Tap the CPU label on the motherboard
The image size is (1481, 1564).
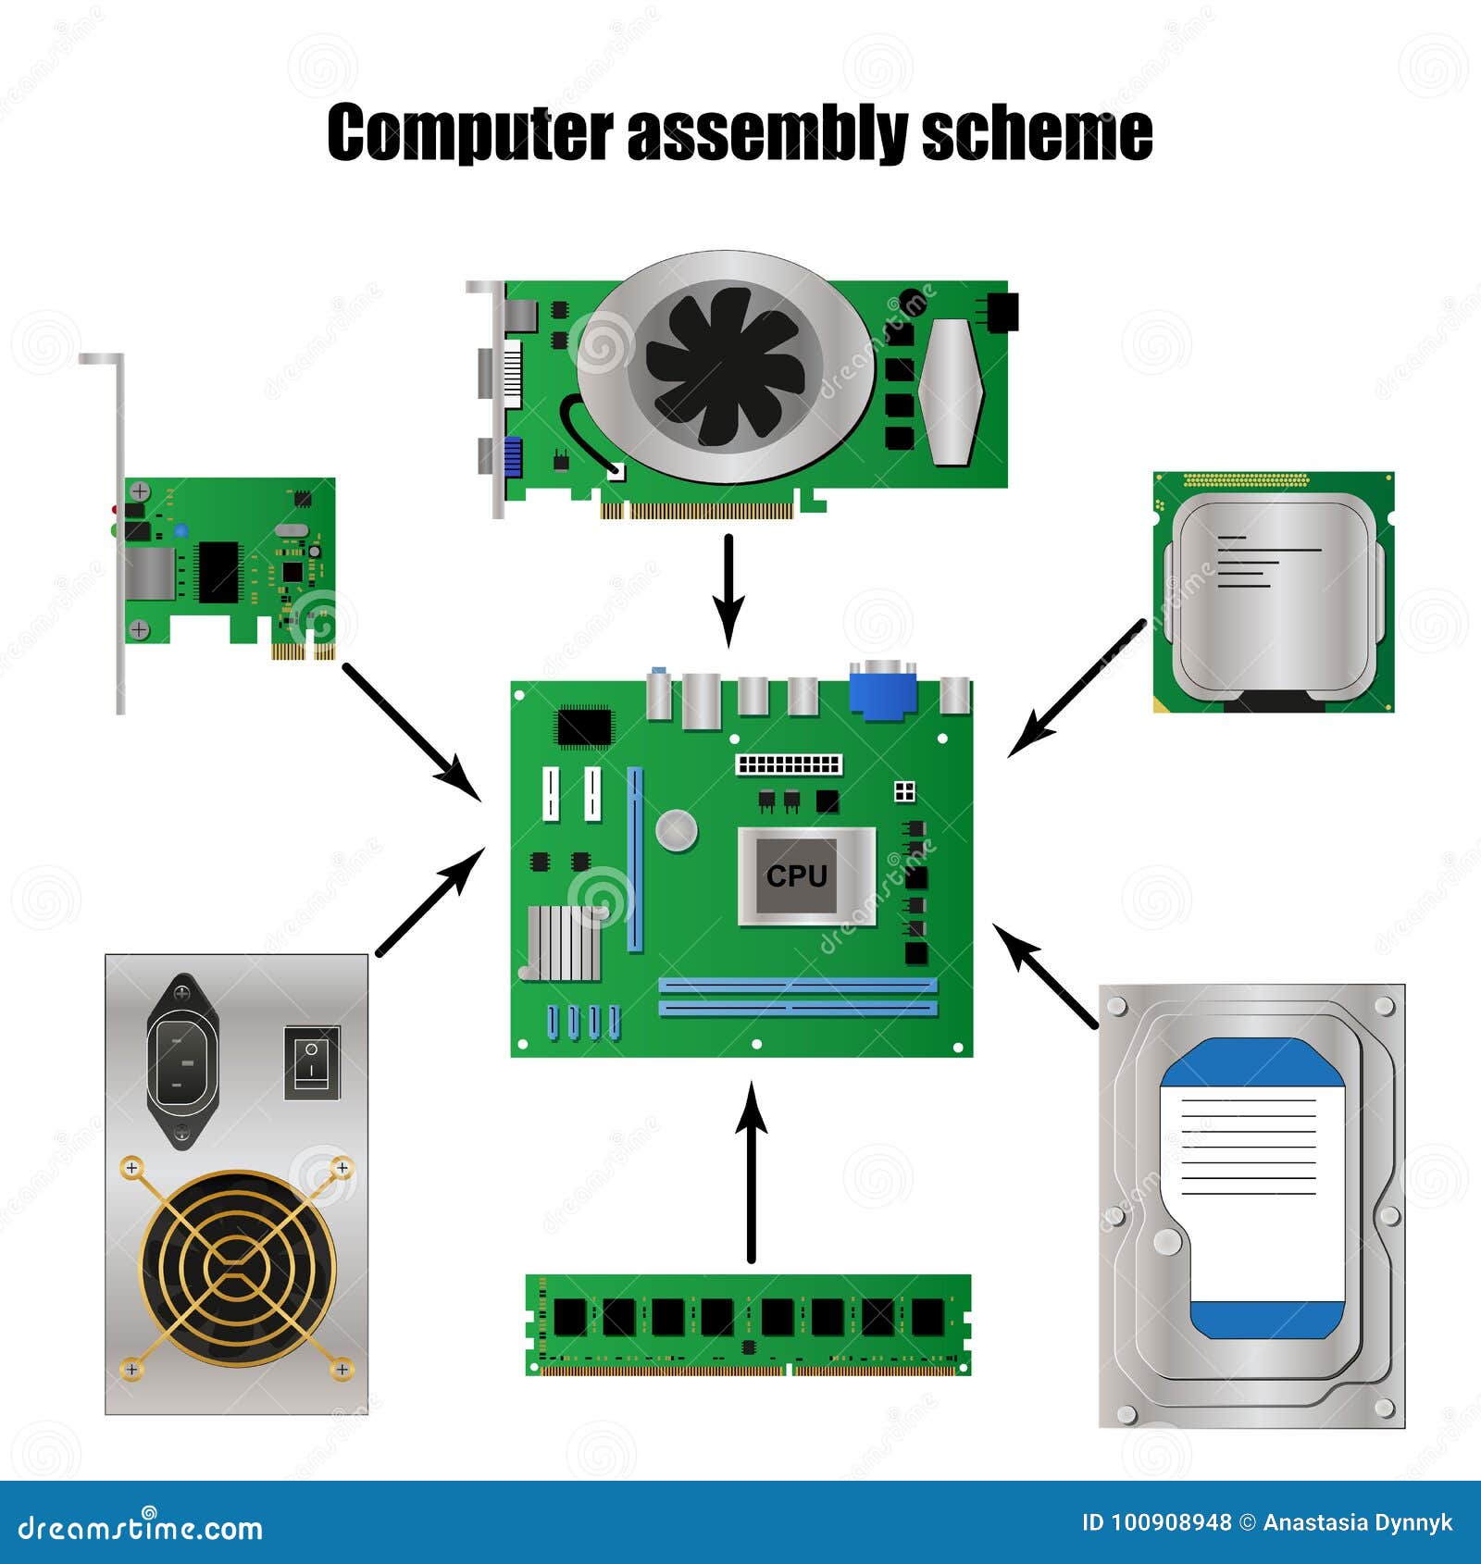pyautogui.click(x=796, y=875)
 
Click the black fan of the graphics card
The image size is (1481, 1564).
pyautogui.click(x=726, y=365)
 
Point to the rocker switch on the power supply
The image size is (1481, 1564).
pyautogui.click(x=312, y=1061)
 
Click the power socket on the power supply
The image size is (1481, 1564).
pyautogui.click(x=182, y=1061)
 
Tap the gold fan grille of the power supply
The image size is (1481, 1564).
pyautogui.click(x=237, y=1268)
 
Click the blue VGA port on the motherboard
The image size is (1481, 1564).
pyautogui.click(x=883, y=689)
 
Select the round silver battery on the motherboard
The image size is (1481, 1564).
pyautogui.click(x=677, y=830)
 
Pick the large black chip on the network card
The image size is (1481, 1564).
pyautogui.click(x=218, y=572)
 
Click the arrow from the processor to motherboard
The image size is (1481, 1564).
pyautogui.click(x=1077, y=689)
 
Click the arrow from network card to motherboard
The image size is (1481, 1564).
pyautogui.click(x=411, y=731)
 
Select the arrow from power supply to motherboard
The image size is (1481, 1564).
pyautogui.click(x=430, y=901)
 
